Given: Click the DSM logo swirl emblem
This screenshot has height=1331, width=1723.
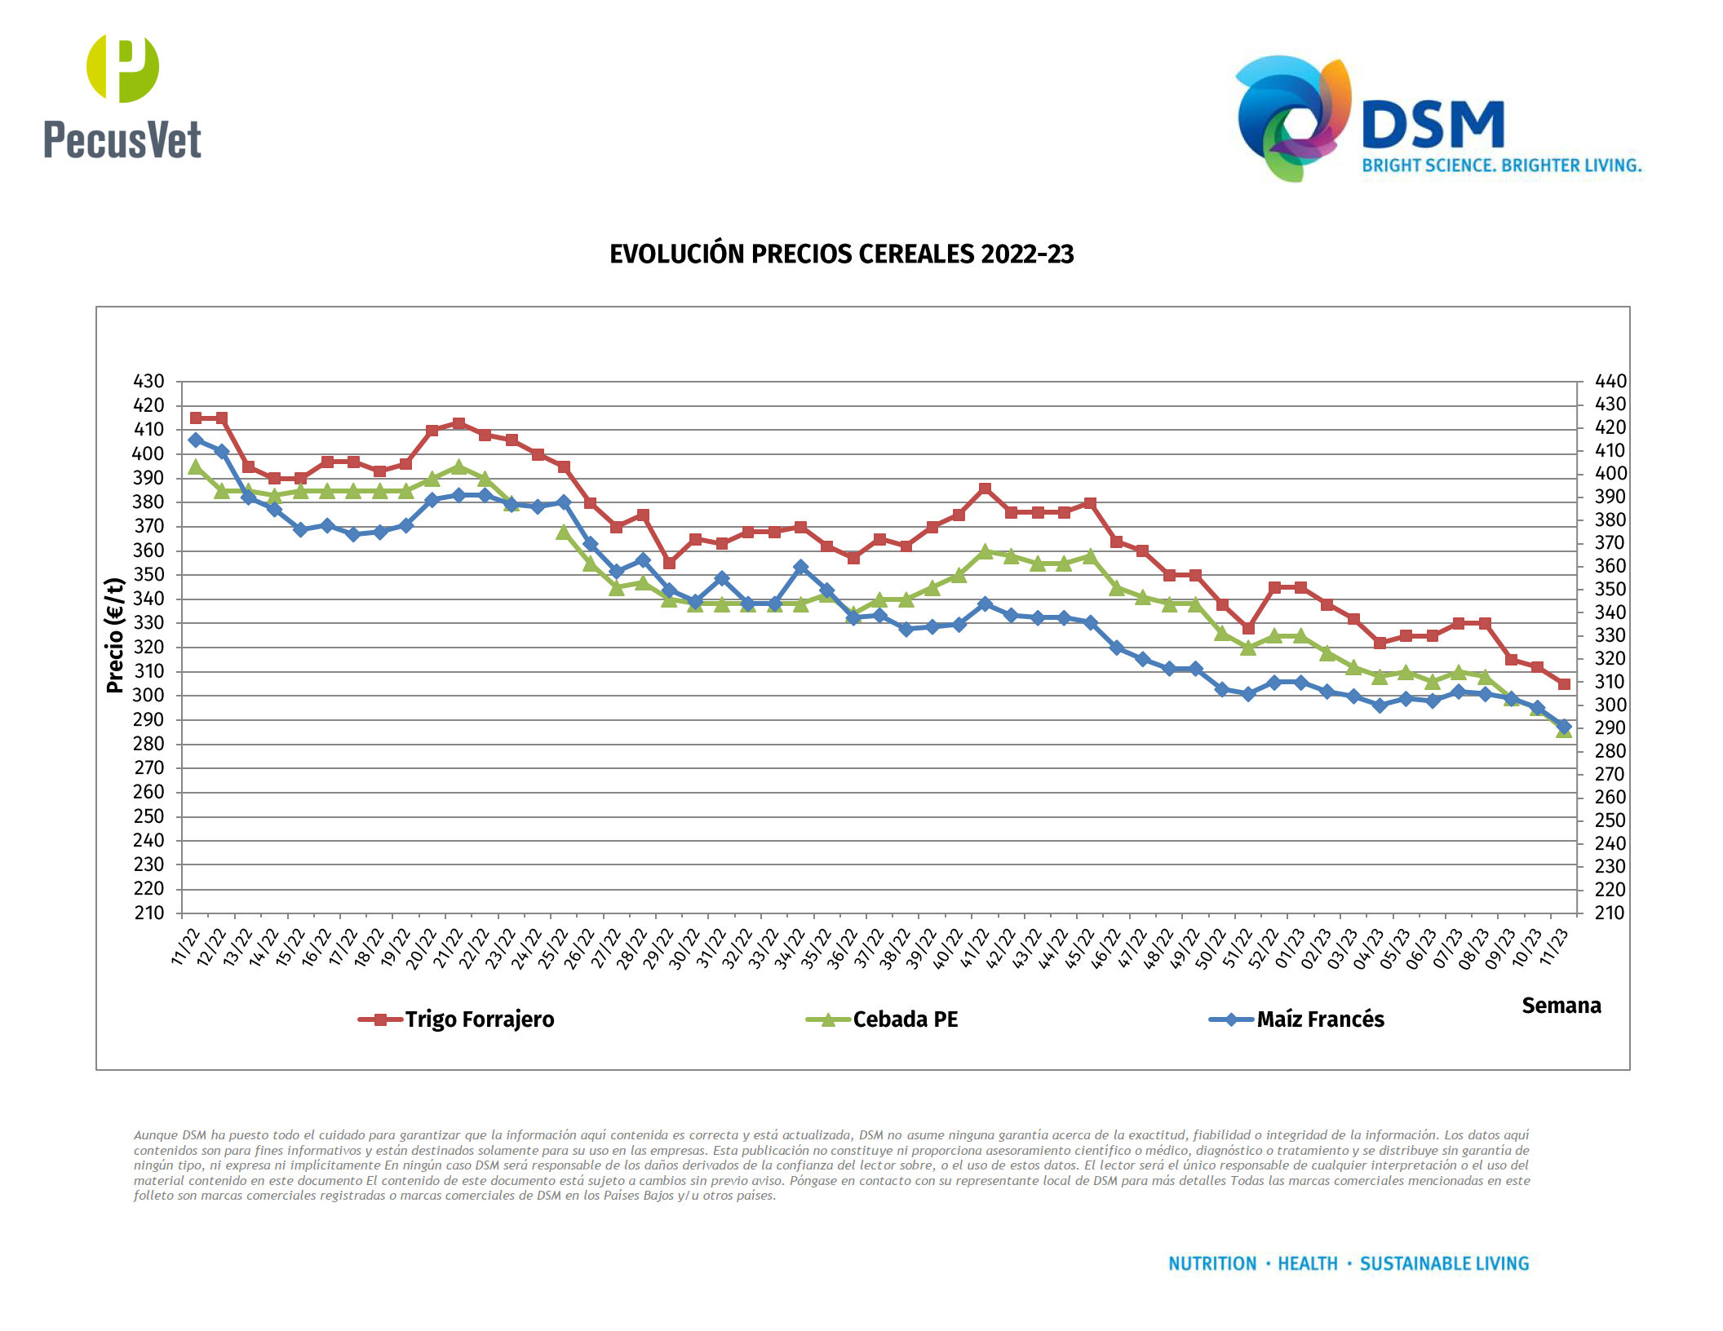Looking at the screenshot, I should click(x=1293, y=118).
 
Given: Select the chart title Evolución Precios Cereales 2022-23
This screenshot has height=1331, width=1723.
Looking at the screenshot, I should click(x=841, y=254).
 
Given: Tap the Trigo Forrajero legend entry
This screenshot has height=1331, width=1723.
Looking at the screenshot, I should click(x=457, y=1019).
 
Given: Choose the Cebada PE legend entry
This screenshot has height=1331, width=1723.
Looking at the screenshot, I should click(x=883, y=1019).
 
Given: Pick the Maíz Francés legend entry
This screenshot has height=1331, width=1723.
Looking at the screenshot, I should click(x=1297, y=1019).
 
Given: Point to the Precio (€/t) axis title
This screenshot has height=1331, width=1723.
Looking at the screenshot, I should click(x=115, y=635).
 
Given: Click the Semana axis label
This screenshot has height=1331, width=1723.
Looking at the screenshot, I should click(x=1561, y=1006).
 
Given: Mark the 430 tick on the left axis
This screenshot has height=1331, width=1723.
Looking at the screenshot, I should click(x=148, y=382).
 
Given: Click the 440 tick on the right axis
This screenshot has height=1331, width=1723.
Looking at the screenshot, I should click(x=1610, y=381).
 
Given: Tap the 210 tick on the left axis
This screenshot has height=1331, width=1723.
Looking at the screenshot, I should click(x=149, y=913).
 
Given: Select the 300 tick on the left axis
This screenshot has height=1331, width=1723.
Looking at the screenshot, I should click(x=148, y=696).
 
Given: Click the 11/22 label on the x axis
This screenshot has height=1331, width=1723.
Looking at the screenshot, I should click(x=186, y=948).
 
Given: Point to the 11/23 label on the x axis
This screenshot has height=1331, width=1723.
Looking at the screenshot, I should click(x=1554, y=948).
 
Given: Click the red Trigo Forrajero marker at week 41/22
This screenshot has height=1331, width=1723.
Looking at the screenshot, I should click(x=985, y=489).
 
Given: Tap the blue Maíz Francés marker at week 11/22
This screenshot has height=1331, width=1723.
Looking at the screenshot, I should click(x=196, y=440).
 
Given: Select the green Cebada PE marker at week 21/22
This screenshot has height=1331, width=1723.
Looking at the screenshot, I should click(x=458, y=467).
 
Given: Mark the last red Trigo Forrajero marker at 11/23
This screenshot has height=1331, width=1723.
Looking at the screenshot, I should click(x=1564, y=684).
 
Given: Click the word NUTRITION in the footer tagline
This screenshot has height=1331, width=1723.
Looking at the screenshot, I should click(x=1212, y=1263).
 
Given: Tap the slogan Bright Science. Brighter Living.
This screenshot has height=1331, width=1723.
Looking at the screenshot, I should click(x=1501, y=166).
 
